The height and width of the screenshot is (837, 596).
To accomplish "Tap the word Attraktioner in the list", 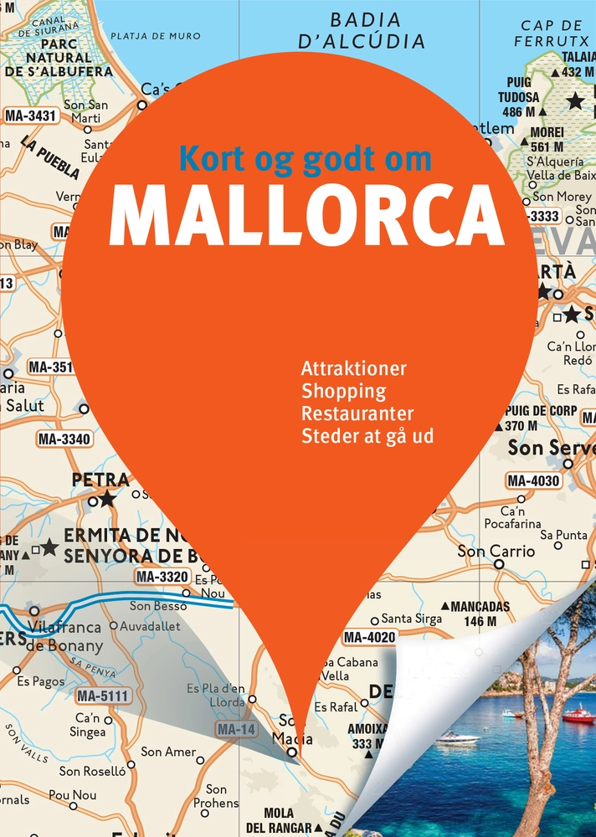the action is click(x=354, y=368).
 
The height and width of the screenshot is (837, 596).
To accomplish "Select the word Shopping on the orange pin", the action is click(x=343, y=391).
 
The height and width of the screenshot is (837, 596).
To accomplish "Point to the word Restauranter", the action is click(x=357, y=413).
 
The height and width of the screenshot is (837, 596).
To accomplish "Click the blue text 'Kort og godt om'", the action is click(x=306, y=159).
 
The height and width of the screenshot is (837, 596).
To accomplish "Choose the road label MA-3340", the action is click(x=64, y=439).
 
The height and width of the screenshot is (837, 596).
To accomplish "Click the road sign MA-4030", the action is click(x=533, y=481).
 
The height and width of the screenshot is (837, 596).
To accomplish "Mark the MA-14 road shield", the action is click(x=235, y=730).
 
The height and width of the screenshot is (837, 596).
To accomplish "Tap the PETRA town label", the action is click(x=100, y=480).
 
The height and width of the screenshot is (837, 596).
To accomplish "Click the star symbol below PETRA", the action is click(x=106, y=500).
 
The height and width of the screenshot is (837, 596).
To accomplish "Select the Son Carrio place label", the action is click(x=496, y=552).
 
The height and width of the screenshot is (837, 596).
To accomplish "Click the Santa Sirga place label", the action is click(x=412, y=619).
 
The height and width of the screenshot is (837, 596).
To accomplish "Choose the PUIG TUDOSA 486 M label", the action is click(x=519, y=97).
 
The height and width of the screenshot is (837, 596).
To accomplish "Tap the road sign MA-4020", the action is click(x=369, y=638).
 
